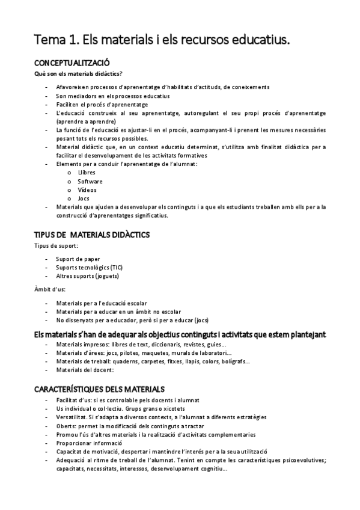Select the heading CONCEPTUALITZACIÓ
(x=72, y=63)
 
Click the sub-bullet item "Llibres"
(x=87, y=173)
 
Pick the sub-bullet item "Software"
(x=90, y=181)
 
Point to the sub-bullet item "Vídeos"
(x=87, y=189)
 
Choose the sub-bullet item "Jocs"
(x=84, y=198)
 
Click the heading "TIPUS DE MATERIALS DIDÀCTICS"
(x=92, y=234)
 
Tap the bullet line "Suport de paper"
(x=78, y=259)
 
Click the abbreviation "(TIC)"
(x=120, y=268)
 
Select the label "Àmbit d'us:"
(x=50, y=290)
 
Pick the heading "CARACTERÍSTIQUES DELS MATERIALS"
(x=100, y=389)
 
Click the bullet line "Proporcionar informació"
(x=93, y=443)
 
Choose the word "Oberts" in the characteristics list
(x=66, y=426)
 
